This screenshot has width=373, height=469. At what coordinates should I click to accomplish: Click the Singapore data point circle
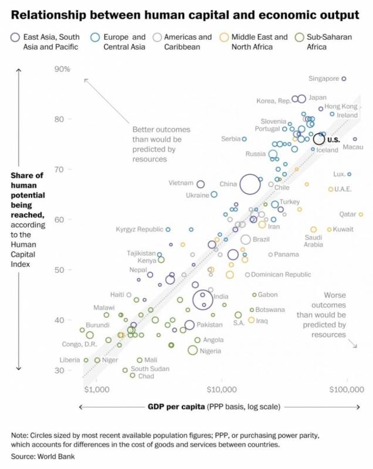pos(344,78)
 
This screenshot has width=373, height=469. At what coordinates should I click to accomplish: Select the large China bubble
pos(250,184)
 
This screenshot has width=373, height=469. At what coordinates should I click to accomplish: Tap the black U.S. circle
pos(319,139)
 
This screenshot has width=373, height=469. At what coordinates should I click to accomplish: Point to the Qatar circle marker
pos(361,215)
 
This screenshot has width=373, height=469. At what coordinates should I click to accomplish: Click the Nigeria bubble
pos(192,350)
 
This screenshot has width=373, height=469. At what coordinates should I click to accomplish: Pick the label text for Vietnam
pos(181,183)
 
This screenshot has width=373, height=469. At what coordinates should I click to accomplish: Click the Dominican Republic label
pos(281,274)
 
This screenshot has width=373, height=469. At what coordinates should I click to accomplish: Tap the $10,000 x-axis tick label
pos(222,389)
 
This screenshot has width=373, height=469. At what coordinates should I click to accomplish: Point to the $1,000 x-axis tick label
pos(97,389)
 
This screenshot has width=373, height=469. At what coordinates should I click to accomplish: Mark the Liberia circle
pos(86,360)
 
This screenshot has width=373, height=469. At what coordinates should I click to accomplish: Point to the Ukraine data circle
pos(214,194)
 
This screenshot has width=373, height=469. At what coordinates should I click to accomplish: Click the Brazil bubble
pos(246,239)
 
